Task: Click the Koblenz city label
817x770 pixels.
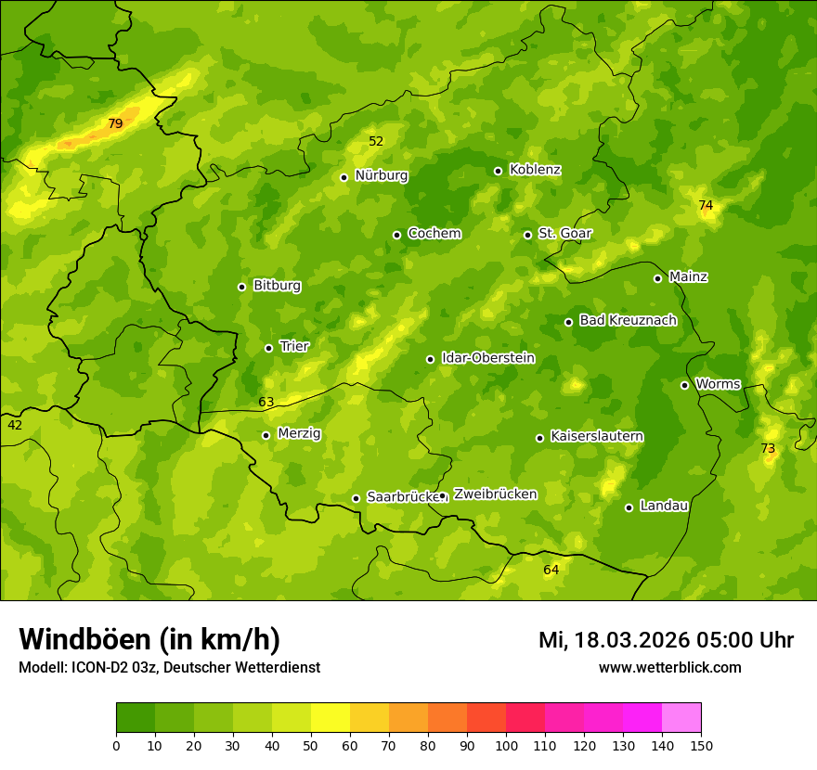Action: pos(535,170)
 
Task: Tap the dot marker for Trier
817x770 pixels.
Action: pos(269,348)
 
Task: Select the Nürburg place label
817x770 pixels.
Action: pos(381,175)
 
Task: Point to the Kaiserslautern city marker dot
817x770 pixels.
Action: pos(539,438)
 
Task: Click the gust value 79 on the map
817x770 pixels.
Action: pos(115,123)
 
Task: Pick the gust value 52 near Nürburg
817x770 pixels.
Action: pos(376,141)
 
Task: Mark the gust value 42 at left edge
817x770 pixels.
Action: pos(15,425)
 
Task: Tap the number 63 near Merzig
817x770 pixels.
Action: pos(266,402)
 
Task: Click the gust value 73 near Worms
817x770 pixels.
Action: pos(768,448)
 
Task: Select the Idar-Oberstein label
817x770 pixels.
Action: pos(487,358)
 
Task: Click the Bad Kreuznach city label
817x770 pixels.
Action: pos(628,320)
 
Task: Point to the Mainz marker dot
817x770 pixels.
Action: pos(657,278)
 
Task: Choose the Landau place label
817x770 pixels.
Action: pos(664,506)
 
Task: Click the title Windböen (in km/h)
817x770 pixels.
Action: pos(149,639)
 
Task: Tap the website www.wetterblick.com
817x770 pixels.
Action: pos(669,667)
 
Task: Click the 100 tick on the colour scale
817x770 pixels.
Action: pos(506,745)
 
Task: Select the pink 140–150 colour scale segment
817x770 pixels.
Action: pos(681,718)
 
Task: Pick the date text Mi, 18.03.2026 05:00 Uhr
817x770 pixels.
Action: pos(666,640)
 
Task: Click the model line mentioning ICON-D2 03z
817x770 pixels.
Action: pos(169,667)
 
